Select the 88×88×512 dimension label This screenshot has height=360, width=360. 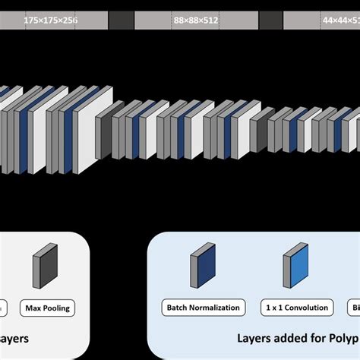pyautogui.click(x=196, y=21)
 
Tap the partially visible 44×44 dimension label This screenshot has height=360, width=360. pyautogui.click(x=338, y=21)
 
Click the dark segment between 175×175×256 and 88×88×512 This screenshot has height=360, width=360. pyautogui.click(x=121, y=21)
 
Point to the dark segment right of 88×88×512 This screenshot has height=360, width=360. pyautogui.click(x=270, y=21)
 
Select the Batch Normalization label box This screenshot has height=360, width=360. pyautogui.click(x=203, y=308)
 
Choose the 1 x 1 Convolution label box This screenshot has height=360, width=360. pyautogui.click(x=297, y=308)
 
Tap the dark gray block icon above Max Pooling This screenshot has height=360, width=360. pyautogui.click(x=41, y=269)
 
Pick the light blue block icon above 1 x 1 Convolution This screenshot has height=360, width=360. pyautogui.click(x=295, y=269)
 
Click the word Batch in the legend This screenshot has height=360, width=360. pyautogui.click(x=177, y=308)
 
